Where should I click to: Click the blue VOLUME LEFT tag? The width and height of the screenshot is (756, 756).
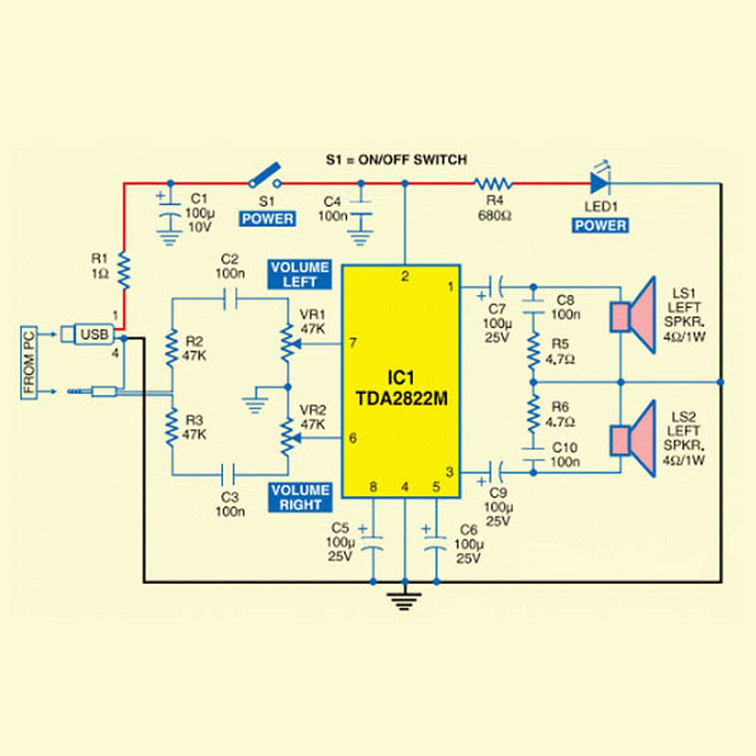point(300,274)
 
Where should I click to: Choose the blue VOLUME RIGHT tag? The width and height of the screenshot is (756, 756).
point(300,497)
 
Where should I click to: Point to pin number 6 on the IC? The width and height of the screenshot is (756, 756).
point(352,438)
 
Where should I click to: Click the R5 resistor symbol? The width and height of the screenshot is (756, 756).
point(533,350)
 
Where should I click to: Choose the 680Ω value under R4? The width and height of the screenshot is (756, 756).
point(495,215)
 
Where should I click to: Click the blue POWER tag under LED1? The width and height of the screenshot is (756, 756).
point(600,226)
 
